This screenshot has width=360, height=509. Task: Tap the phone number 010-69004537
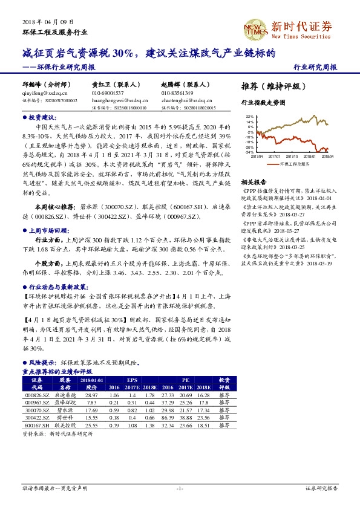click(108, 94)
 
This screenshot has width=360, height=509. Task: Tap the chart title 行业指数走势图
click(263, 103)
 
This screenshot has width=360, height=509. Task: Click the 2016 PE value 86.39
click(168, 417)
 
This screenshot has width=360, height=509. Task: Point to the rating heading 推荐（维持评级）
click(270, 85)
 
